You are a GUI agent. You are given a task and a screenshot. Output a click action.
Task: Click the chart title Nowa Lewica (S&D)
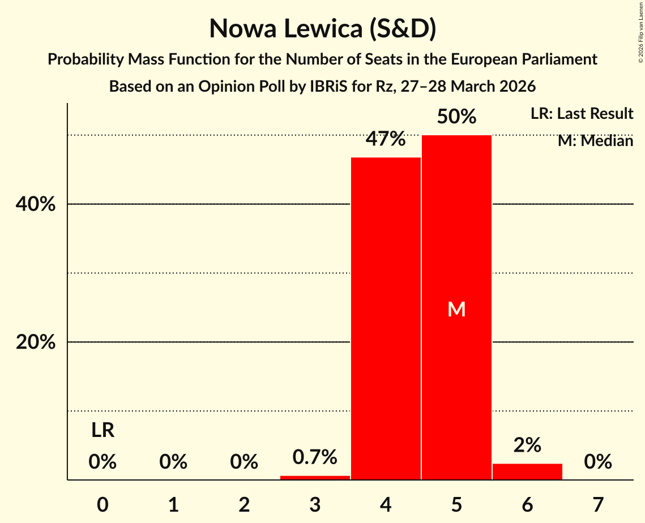[322, 29]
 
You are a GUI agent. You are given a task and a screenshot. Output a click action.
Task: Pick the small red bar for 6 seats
[527, 471]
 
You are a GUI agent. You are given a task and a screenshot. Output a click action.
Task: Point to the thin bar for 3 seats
[315, 478]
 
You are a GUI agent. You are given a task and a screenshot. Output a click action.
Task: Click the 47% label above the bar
[386, 139]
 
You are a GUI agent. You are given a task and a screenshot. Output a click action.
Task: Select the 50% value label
[456, 117]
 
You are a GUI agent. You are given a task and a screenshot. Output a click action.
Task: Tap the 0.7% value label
[315, 456]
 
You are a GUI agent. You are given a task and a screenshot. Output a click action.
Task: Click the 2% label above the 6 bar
[527, 445]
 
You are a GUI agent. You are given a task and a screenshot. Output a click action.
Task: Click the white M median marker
[456, 309]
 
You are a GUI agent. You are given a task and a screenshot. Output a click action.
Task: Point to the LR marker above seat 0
[102, 431]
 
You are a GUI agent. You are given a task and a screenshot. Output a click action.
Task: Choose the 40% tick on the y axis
[36, 204]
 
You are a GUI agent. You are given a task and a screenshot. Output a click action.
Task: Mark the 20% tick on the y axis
[36, 342]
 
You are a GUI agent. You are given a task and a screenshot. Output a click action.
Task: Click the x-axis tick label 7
[598, 504]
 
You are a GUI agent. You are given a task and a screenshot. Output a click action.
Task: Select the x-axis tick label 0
[102, 504]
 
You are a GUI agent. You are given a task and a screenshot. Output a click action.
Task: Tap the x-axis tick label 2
[244, 504]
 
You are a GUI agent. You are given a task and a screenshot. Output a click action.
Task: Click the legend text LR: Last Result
[582, 114]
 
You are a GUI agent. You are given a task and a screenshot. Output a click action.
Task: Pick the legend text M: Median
[595, 141]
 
